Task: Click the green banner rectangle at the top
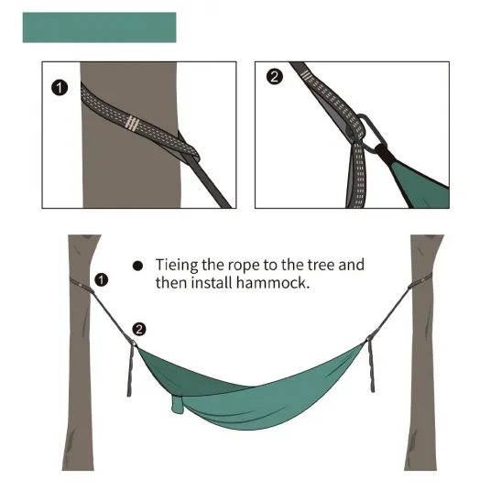99,27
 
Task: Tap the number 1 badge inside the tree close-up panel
60,88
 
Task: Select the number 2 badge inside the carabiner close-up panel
275,77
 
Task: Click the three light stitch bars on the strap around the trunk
132,123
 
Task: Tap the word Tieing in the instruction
177,266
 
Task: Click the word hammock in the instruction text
273,283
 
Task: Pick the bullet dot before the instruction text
137,266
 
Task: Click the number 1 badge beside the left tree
101,279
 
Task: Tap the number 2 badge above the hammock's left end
139,329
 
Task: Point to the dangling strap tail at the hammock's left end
130,369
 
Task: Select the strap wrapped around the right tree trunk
420,280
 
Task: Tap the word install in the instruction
212,283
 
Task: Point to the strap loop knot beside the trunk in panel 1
188,149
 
